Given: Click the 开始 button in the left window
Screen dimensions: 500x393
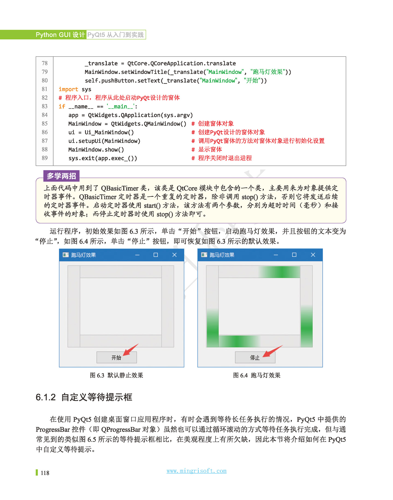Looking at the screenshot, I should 117,357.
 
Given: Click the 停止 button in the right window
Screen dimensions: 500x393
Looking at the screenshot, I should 255,357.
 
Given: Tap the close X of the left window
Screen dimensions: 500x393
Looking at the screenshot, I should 174,255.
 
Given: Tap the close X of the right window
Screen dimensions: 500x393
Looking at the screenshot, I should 313,255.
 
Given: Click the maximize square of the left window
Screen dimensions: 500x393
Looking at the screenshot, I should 156,255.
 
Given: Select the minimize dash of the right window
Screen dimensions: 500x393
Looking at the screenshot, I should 276,255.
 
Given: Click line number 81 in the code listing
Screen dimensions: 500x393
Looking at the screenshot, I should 45,89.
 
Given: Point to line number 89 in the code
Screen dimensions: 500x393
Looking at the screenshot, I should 45,158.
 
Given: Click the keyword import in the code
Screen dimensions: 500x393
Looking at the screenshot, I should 68,89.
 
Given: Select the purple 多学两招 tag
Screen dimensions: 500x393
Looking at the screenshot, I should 61,176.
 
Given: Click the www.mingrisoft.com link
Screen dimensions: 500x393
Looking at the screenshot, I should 196,471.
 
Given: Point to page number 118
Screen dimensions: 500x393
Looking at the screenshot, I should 45,473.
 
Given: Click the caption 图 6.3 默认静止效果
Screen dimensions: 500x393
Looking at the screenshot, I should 117,375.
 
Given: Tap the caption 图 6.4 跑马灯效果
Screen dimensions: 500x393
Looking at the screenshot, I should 257,375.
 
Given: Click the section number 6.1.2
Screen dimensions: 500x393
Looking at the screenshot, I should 46,397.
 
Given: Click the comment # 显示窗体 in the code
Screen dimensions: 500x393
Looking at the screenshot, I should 207,149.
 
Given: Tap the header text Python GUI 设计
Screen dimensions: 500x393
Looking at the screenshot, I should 60,35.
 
